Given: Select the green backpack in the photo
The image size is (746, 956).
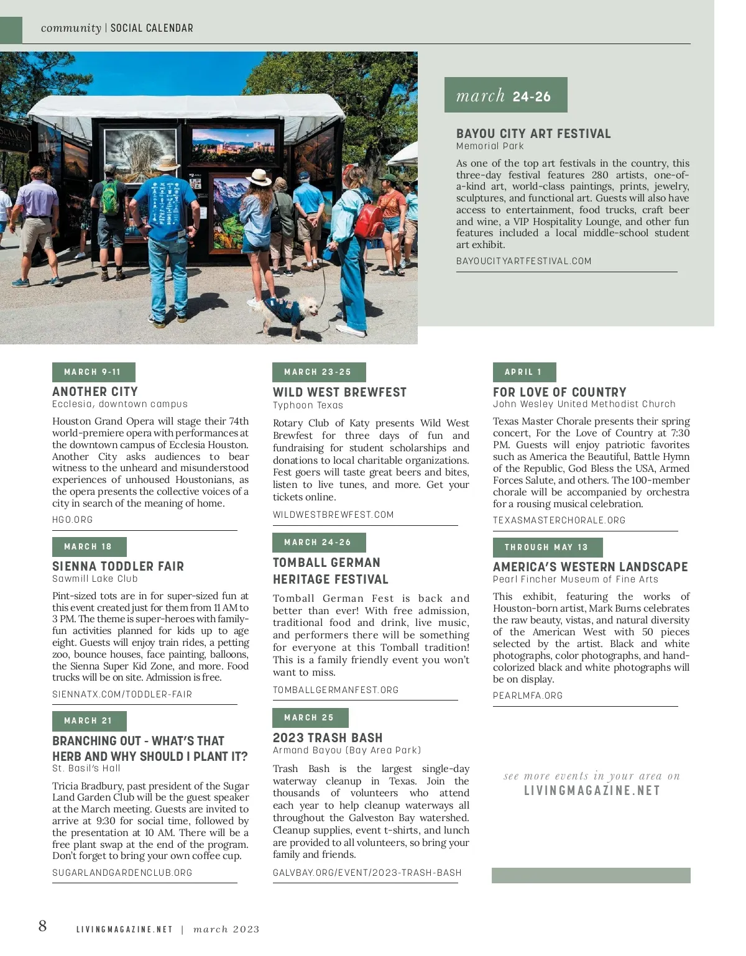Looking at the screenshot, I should tap(110, 198).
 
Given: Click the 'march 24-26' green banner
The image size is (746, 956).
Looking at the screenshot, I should tap(505, 95).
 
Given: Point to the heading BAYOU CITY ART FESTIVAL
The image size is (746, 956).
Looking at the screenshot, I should tap(533, 134).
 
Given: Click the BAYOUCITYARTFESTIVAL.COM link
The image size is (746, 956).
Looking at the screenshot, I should tap(523, 261).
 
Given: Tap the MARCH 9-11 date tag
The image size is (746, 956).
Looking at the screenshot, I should tap(93, 372).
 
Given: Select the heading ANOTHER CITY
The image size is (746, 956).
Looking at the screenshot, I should tap(95, 392).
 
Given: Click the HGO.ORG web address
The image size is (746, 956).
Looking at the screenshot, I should tap(73, 520).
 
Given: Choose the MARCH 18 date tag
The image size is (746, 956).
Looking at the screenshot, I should tap(89, 546).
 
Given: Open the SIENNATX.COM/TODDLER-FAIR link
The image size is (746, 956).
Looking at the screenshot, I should tap(122, 694).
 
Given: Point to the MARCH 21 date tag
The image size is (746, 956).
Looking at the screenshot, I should tap(89, 720).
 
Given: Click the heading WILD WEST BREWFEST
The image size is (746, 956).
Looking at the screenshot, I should tap(339, 392).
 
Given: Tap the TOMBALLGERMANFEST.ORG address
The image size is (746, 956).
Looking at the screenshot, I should tap(336, 690).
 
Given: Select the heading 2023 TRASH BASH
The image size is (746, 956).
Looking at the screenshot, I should tap(328, 738).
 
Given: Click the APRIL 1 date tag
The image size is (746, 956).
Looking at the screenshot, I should tap(524, 372).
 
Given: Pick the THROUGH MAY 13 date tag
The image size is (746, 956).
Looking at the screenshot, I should tap(547, 547).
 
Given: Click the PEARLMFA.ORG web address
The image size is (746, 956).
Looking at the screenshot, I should tap(528, 696).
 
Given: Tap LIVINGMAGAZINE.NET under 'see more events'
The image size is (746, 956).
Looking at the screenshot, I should tap(592, 791).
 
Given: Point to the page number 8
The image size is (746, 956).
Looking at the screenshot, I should tap(42, 926).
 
